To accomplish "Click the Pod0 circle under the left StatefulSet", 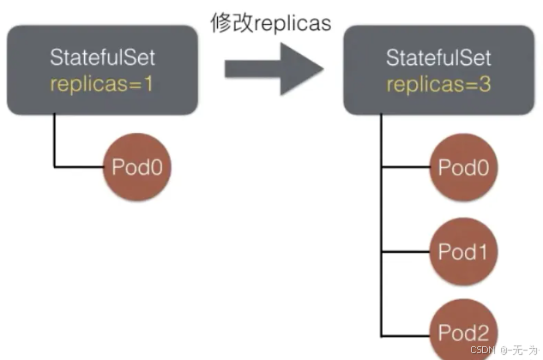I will click(137, 166).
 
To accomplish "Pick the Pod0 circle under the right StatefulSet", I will click(462, 167).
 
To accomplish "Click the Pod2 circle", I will click(462, 333).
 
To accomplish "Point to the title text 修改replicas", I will click(271, 23).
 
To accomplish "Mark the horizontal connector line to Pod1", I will click(405, 251).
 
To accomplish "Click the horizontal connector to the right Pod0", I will click(405, 167).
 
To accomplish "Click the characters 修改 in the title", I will click(230, 23).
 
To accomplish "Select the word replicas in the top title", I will click(291, 23).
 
